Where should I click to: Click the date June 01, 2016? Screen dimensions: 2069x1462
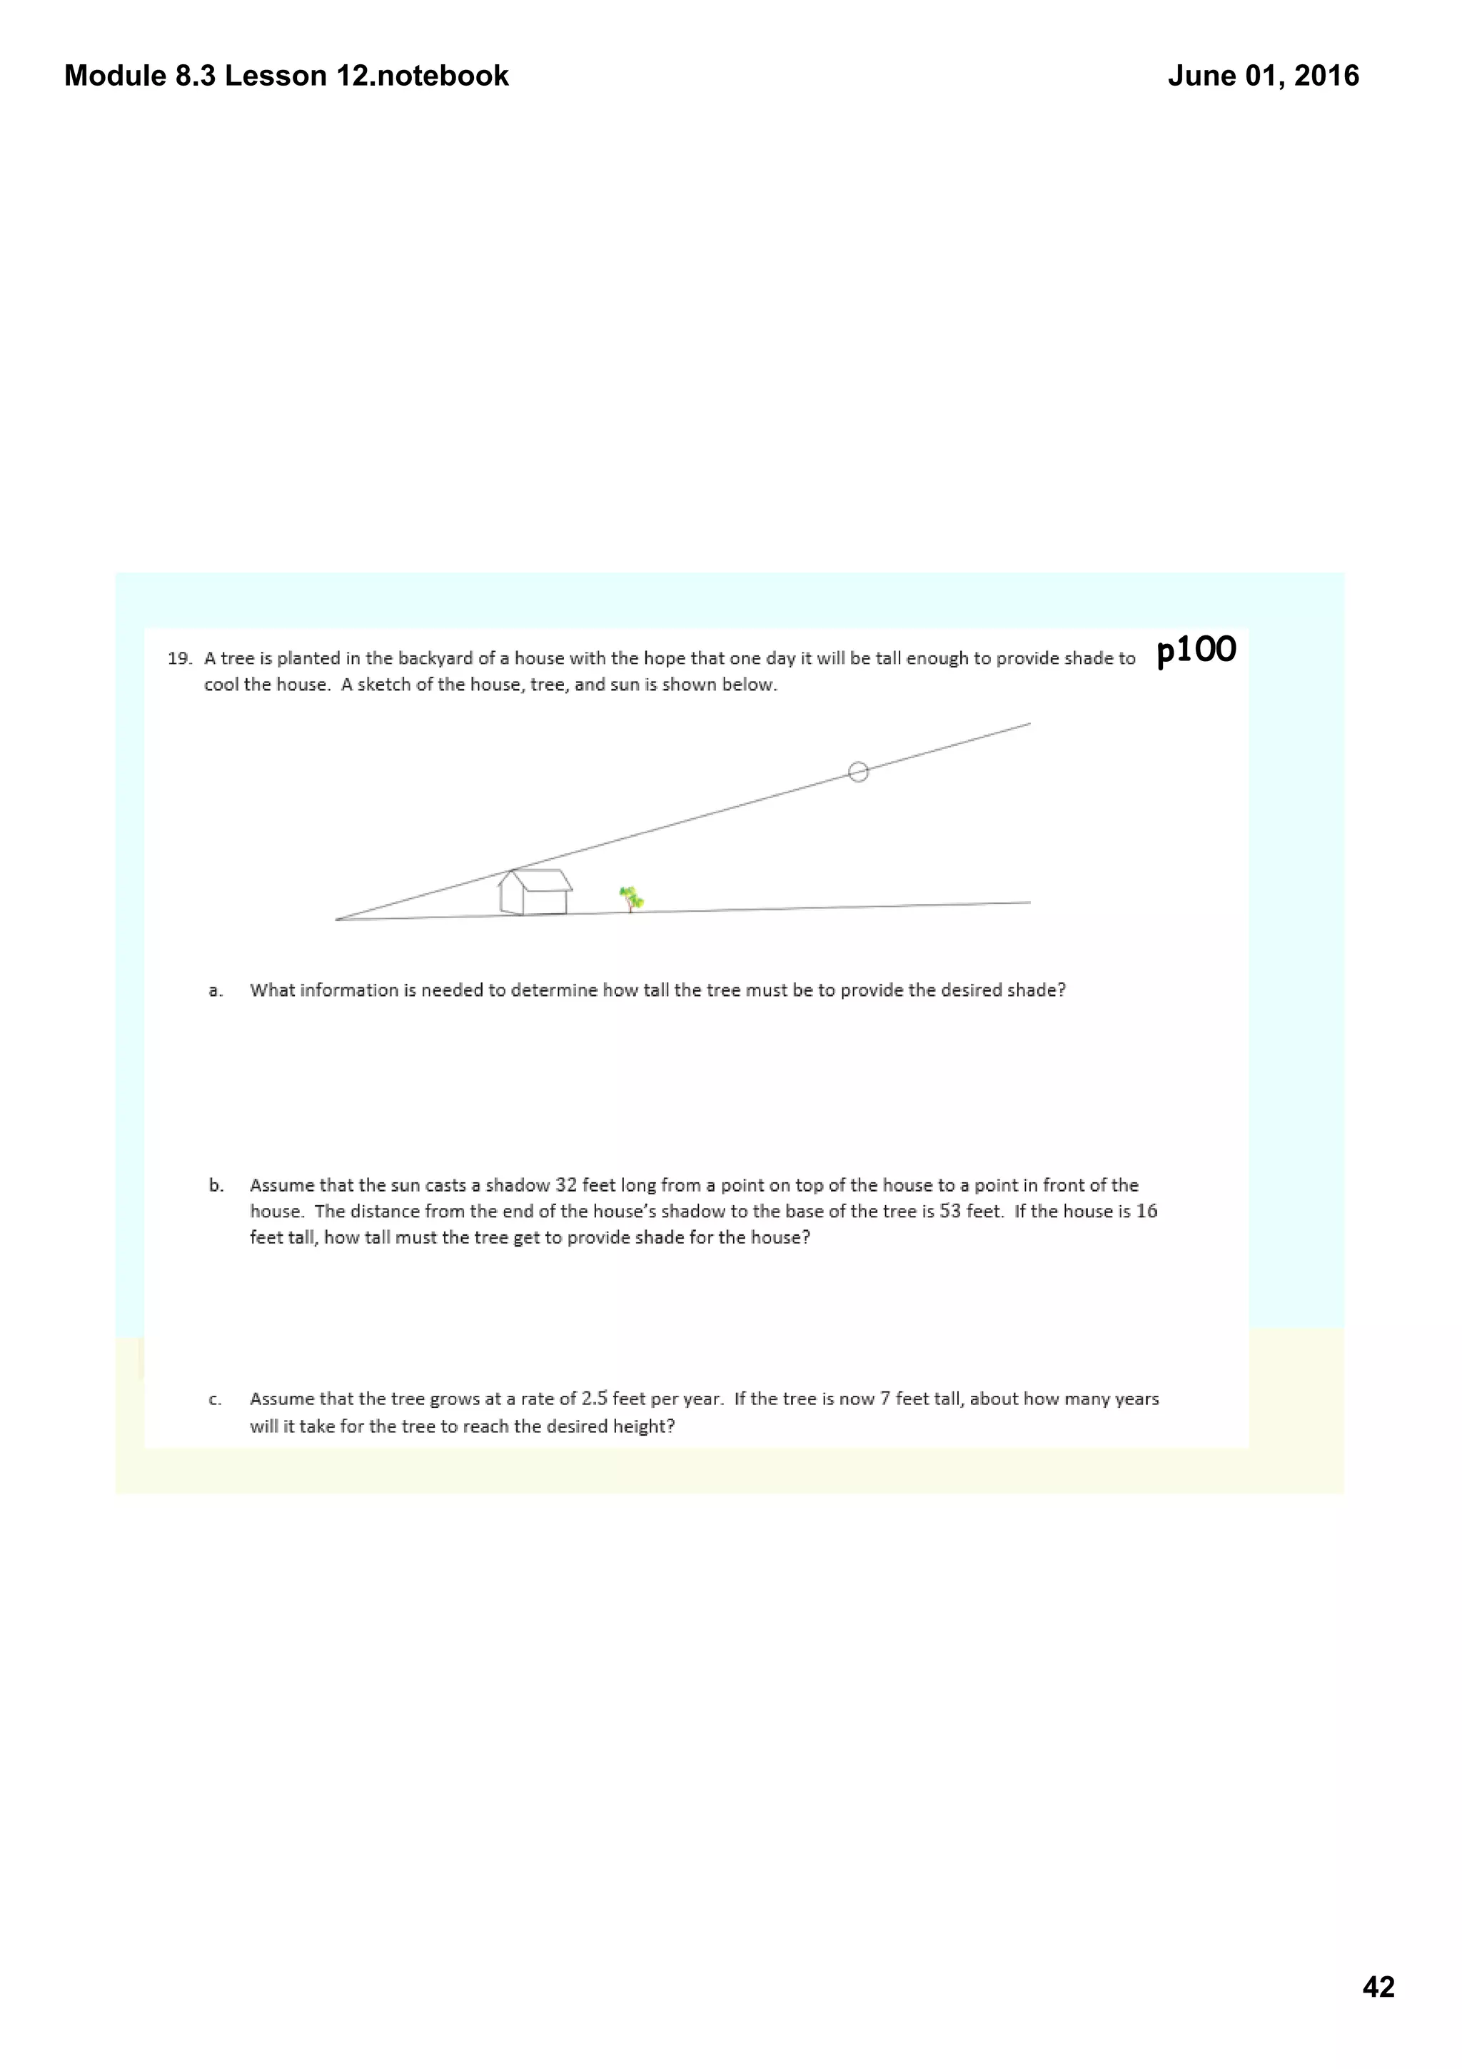pos(1263,76)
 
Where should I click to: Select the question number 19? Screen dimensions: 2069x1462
pos(179,659)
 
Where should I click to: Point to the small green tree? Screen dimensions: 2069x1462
pos(632,898)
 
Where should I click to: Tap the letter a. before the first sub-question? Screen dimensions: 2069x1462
pos(216,991)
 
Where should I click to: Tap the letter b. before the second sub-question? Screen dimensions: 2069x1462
pos(216,1186)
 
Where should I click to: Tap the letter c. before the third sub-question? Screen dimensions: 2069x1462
pos(216,1400)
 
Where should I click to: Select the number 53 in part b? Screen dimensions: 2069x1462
pos(950,1211)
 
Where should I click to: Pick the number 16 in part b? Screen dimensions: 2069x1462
pos(1146,1211)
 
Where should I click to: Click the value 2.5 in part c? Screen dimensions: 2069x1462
pos(595,1399)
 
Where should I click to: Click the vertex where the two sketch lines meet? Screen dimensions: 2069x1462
pos(336,920)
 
